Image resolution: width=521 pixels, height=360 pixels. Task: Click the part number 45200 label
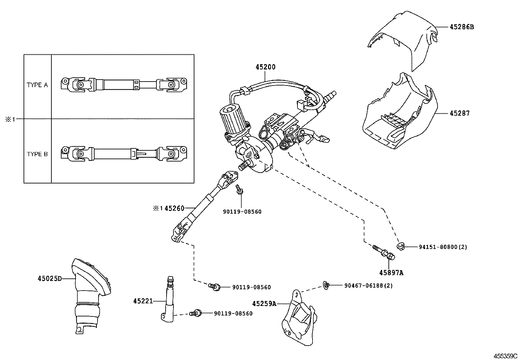[x=265, y=67]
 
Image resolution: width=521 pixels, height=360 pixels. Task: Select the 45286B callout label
[x=461, y=27]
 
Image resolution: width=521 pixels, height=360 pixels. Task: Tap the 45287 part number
[x=459, y=113]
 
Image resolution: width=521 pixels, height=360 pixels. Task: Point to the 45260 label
[x=174, y=208]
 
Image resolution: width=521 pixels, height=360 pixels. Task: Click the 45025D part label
[x=49, y=278]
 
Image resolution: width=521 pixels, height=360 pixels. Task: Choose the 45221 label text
[x=143, y=301]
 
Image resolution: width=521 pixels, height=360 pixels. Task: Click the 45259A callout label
[x=264, y=304]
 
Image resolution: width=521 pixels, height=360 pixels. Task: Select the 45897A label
[x=391, y=272]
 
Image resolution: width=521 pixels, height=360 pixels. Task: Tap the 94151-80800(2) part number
[x=443, y=247]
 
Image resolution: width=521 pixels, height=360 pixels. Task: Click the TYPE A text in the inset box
[x=37, y=85]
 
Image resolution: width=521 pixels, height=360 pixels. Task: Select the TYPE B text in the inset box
[x=37, y=154]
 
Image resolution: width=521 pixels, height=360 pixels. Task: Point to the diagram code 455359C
[x=505, y=356]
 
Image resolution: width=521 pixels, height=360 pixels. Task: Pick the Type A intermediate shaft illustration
[x=124, y=84]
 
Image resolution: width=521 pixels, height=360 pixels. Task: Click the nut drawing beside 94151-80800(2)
[x=400, y=246]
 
